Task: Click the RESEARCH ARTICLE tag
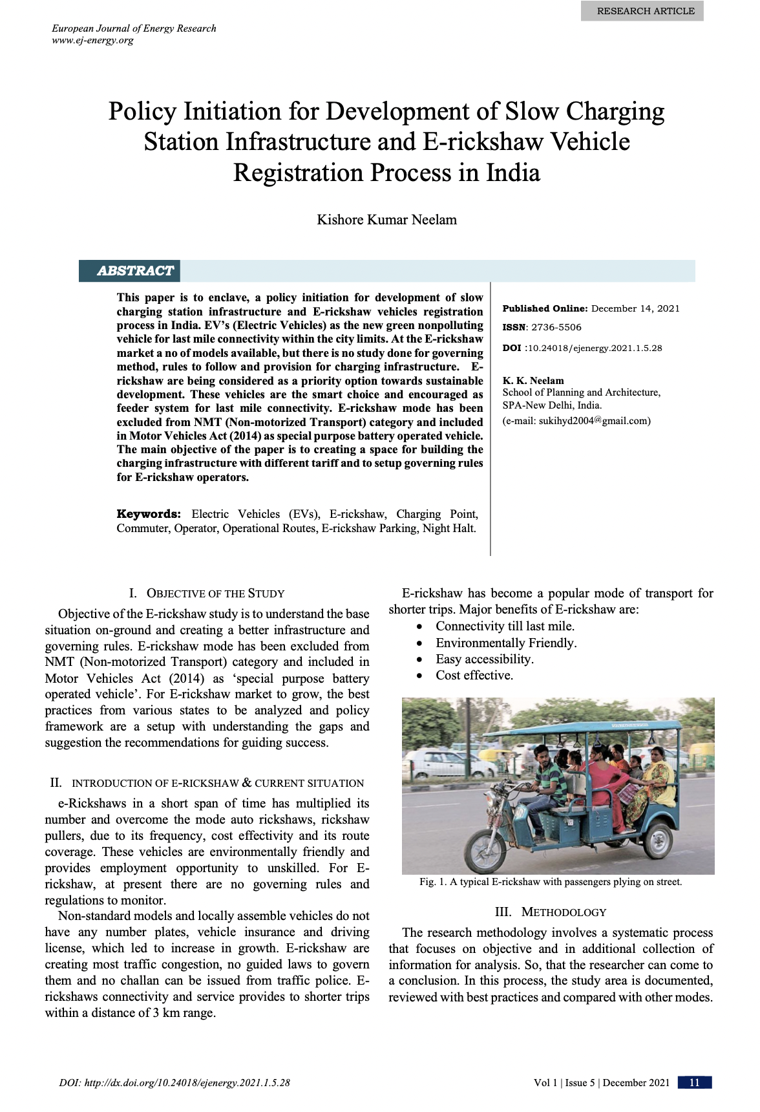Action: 645,11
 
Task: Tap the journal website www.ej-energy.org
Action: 92,40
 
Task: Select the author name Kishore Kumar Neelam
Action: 386,220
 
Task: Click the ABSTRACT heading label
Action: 135,271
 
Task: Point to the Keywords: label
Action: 149,514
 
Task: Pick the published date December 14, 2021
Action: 635,308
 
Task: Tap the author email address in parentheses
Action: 576,421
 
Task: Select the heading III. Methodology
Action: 551,912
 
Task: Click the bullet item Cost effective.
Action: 474,676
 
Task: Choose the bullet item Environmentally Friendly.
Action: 506,643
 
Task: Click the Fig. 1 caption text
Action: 551,882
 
